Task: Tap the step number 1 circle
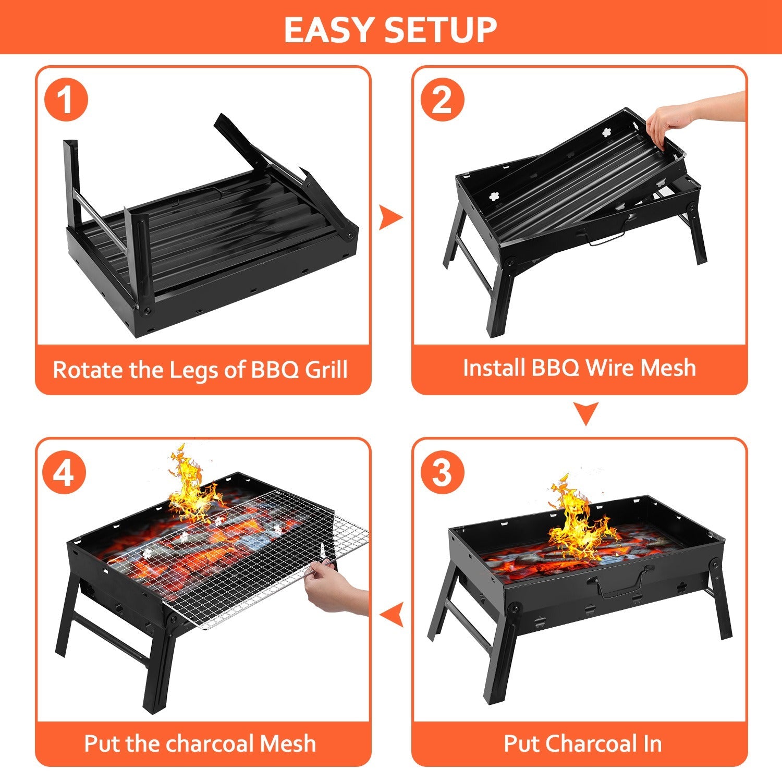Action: (66, 100)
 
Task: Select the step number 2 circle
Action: (442, 100)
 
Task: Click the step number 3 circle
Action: (442, 472)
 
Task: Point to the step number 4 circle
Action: (65, 472)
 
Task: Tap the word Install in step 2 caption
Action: (493, 368)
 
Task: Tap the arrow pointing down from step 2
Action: (585, 413)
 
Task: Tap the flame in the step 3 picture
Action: (579, 521)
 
